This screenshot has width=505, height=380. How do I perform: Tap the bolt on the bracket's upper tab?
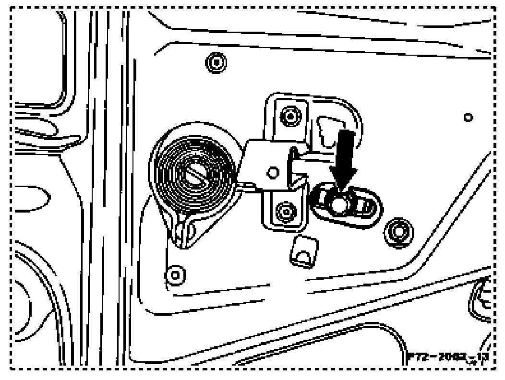(290, 115)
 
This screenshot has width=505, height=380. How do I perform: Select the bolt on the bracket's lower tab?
(287, 210)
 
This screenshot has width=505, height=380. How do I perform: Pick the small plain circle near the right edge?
(468, 117)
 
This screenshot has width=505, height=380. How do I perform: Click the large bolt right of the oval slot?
(397, 231)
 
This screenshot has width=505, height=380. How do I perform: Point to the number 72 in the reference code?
(421, 358)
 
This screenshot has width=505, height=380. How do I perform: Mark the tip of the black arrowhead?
(341, 192)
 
